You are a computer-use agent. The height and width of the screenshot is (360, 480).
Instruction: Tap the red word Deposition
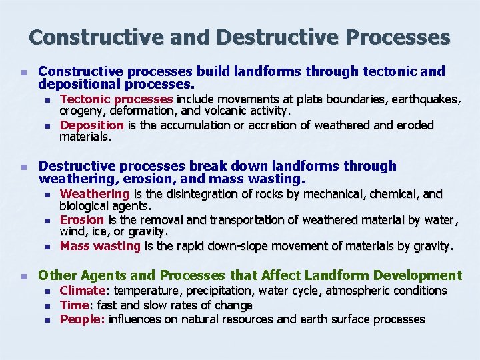[91, 125]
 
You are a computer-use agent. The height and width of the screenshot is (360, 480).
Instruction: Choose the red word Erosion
[82, 220]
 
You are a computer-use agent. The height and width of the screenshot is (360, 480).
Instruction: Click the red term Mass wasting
[100, 246]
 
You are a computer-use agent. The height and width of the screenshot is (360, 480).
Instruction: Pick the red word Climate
[83, 291]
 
